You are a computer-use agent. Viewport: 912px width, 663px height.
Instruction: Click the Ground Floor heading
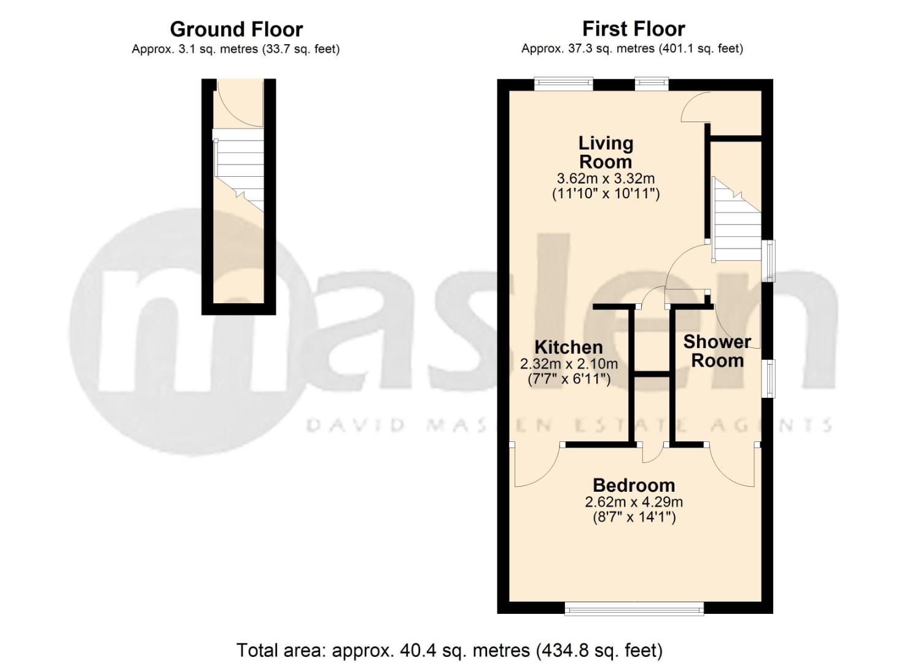click(236, 29)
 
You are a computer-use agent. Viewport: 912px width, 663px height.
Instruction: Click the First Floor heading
click(634, 29)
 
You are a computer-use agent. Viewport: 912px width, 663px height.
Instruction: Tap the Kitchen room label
click(568, 347)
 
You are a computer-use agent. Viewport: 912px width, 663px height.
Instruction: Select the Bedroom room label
click(634, 486)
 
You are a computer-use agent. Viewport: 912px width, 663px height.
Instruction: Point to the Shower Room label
click(717, 351)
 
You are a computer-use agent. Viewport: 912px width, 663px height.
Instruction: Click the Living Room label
click(606, 153)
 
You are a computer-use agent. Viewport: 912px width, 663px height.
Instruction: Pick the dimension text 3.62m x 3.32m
click(606, 178)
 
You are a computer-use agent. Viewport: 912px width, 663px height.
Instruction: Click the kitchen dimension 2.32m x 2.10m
click(569, 363)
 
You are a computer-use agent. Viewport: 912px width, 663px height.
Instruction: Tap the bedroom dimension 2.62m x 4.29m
click(634, 502)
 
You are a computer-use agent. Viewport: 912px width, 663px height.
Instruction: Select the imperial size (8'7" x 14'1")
click(634, 518)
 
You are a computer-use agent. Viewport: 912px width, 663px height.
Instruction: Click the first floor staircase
click(736, 219)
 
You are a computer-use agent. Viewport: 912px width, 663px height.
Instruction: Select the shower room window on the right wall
click(769, 378)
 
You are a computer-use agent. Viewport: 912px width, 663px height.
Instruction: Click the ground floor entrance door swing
click(240, 103)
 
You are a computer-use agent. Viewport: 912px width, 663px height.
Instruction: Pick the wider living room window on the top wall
click(564, 84)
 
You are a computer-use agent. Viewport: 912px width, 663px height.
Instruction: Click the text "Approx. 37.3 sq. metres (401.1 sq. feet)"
click(633, 49)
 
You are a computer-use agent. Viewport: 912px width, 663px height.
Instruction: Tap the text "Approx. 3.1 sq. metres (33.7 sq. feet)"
click(236, 49)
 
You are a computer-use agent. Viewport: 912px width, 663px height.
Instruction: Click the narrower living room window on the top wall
click(652, 84)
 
